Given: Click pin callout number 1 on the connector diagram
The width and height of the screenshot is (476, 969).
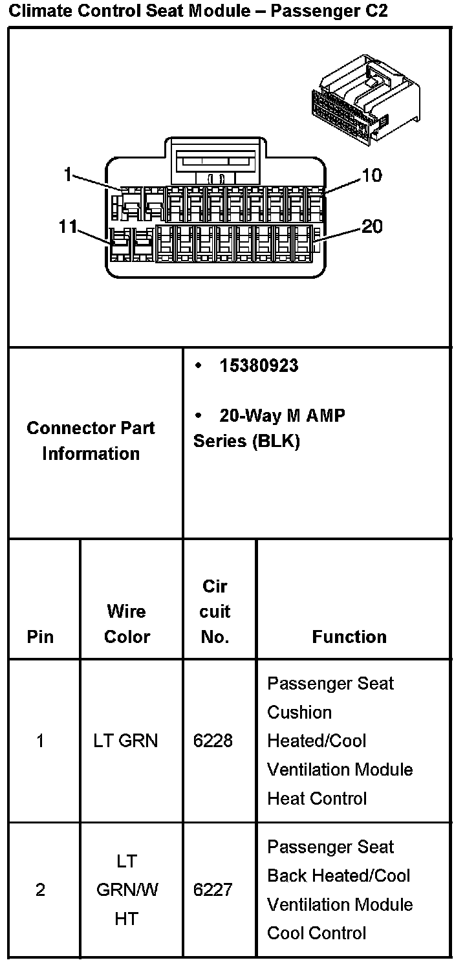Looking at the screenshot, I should point(68,175).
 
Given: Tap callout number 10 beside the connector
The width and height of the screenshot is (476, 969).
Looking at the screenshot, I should point(371,175).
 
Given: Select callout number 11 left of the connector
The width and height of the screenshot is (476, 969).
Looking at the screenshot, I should point(68,226).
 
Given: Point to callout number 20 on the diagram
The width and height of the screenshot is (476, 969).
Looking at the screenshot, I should point(371,226).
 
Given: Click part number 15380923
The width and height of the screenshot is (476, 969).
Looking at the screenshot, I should point(259,365).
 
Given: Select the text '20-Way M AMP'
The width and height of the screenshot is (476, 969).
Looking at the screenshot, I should point(282,415).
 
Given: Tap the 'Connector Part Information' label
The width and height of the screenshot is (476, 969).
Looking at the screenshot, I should point(91,441).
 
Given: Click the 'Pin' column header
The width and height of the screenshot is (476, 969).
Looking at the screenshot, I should point(40,637).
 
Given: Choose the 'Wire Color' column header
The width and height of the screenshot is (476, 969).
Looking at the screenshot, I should point(127,624).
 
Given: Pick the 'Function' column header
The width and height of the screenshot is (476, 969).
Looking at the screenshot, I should point(349,637).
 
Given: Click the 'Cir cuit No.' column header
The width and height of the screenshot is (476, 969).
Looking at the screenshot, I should point(215,611).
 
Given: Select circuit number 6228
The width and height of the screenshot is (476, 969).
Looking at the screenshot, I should point(213,741).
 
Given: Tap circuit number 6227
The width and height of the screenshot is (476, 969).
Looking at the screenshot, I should point(213,890).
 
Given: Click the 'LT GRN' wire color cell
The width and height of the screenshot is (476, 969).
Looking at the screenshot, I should point(125,741).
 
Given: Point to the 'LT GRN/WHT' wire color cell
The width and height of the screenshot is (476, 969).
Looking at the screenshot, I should point(127,890).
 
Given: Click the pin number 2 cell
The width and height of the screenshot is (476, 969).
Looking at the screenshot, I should point(40,890).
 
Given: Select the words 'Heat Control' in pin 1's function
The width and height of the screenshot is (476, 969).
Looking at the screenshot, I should point(317,798).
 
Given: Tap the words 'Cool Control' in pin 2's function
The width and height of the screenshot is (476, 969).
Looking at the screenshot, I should point(317,933).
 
